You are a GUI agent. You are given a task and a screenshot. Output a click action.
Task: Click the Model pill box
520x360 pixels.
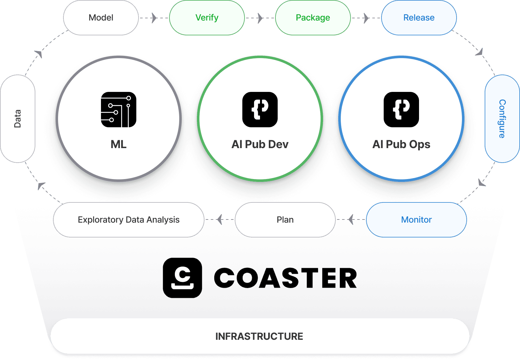(x=101, y=18)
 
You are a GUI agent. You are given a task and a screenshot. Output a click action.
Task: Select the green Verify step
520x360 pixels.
(x=207, y=18)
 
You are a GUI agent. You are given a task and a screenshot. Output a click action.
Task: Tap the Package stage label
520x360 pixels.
(x=313, y=18)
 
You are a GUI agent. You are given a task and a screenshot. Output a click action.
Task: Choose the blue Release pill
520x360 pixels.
(x=419, y=18)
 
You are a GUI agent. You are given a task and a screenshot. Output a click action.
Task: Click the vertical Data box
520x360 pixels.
(x=18, y=119)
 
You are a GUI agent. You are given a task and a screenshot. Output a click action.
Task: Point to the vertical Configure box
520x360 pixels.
(x=502, y=119)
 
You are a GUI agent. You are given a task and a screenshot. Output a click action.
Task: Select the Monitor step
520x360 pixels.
(x=416, y=220)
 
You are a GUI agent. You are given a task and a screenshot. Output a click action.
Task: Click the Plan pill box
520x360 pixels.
(x=285, y=220)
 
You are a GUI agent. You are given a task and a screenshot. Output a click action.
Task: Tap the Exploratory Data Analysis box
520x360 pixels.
(x=129, y=220)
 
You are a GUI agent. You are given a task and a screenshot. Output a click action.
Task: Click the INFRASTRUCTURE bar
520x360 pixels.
(x=259, y=336)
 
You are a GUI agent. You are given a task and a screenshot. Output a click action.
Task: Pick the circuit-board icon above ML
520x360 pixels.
(x=119, y=110)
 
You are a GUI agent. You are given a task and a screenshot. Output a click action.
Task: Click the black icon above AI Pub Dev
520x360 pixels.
(x=260, y=110)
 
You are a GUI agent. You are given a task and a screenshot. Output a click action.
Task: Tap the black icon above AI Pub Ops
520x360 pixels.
(x=401, y=110)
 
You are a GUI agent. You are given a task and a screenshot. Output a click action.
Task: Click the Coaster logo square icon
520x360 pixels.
(x=182, y=278)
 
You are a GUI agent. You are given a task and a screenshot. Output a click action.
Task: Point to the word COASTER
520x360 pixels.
(x=286, y=278)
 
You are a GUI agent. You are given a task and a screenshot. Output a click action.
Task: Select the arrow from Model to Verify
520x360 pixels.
(x=154, y=18)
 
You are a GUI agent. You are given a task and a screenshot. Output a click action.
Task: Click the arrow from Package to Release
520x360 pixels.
(x=366, y=18)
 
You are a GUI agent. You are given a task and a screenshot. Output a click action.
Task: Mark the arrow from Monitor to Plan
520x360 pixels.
(x=351, y=219)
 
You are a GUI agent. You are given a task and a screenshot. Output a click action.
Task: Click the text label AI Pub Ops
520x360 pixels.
(x=401, y=144)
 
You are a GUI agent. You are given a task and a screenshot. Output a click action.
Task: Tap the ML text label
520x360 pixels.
(x=119, y=144)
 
